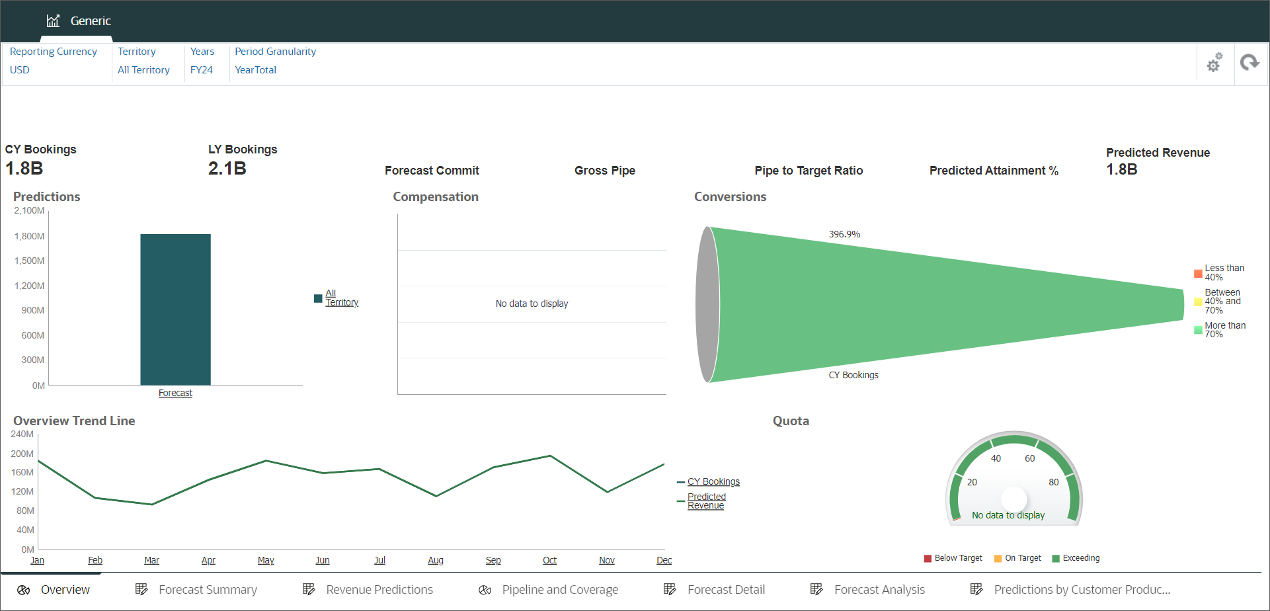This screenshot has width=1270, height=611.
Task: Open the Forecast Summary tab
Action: tap(208, 589)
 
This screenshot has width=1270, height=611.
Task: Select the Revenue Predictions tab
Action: tap(379, 589)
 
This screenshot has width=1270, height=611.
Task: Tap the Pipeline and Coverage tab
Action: tap(559, 589)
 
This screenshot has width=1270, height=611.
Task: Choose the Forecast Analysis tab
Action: tap(879, 589)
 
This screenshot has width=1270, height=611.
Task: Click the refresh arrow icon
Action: tap(1249, 63)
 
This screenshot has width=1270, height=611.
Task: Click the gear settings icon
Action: tap(1214, 63)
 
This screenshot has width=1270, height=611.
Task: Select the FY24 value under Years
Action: tap(202, 70)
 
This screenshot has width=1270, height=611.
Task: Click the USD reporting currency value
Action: tap(20, 70)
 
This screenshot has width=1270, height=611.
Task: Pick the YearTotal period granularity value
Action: tap(256, 70)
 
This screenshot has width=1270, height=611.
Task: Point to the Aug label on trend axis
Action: tap(436, 560)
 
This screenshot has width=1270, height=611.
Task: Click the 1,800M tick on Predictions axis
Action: tap(30, 236)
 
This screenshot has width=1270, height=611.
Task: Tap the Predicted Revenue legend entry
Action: tap(706, 501)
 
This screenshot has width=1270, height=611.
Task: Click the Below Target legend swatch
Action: tap(928, 558)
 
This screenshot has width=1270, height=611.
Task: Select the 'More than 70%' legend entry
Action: tap(1224, 329)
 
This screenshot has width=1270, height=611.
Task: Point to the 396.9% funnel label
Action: tap(844, 234)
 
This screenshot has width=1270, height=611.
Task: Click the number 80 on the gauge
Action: tap(1054, 482)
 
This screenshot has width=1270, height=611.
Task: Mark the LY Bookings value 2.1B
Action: tap(227, 169)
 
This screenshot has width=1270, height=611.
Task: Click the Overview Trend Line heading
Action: tap(74, 421)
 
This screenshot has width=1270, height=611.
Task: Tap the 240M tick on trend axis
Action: tap(22, 434)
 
